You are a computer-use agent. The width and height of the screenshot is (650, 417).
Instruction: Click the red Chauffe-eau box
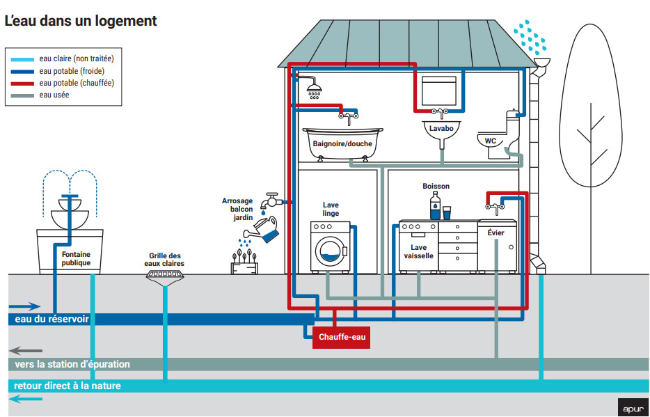coord(342,338)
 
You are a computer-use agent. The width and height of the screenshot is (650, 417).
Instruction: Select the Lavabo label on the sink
coord(441,129)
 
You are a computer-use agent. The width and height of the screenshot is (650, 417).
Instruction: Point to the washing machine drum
coord(329,249)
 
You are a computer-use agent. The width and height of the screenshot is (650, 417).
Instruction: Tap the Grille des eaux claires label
coord(164,260)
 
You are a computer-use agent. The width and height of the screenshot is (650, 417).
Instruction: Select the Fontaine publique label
coord(76,259)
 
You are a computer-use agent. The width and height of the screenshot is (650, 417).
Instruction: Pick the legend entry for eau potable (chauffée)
coord(77,83)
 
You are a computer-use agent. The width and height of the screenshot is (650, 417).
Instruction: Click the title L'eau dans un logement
coord(81,21)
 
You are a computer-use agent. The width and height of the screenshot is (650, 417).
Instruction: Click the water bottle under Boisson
coord(435,207)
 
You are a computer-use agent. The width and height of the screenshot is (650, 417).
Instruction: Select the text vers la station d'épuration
coord(72,364)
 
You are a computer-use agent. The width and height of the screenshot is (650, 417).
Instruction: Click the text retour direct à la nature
coord(68,386)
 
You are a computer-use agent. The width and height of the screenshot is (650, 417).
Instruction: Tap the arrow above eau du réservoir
coord(25,306)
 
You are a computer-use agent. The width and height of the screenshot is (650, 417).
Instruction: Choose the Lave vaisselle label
coord(418,251)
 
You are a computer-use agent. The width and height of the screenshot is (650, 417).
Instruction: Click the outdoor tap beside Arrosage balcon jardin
coord(271,202)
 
